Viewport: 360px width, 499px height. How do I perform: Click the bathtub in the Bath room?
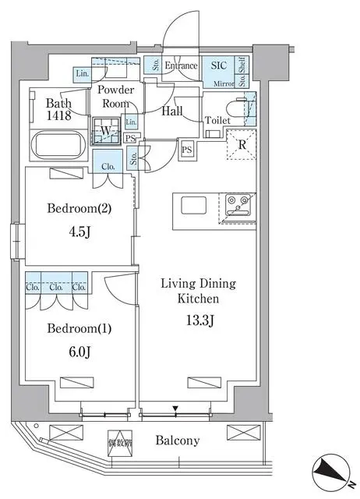point(58,146)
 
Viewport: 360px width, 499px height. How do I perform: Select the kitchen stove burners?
point(238,205)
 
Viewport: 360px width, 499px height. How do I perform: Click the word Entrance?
point(181,67)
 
